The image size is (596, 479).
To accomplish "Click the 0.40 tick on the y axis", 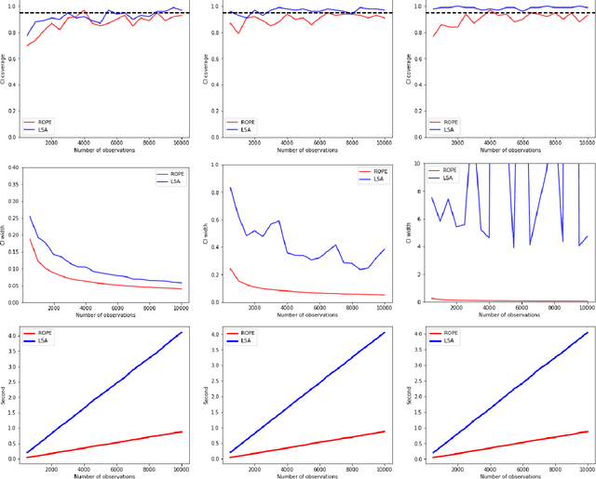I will [10, 167].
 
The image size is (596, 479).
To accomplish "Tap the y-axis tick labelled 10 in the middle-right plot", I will [415, 163].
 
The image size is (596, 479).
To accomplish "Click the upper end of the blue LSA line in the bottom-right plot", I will [587, 333].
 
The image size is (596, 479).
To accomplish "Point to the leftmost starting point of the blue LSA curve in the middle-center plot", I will [231, 188].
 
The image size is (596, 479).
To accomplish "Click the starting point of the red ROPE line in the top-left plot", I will [28, 46].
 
